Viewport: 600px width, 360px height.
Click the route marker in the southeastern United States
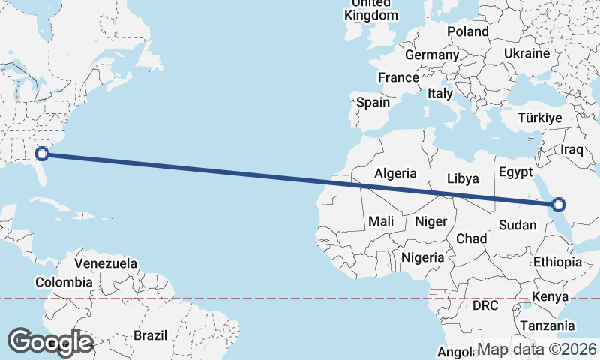click(43, 154)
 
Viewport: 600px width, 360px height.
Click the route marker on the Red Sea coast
click(558, 205)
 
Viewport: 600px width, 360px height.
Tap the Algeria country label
click(395, 173)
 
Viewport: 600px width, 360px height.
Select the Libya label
click(462, 179)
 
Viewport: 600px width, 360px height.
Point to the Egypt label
click(515, 172)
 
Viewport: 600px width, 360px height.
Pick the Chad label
click(472, 238)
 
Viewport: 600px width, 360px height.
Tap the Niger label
click(430, 222)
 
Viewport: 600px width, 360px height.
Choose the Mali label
click(381, 222)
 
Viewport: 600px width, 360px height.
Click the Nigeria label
click(424, 257)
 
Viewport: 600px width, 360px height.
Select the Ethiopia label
click(557, 262)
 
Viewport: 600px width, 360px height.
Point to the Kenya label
click(550, 297)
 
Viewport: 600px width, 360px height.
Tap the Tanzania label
click(547, 325)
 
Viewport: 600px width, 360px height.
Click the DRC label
click(485, 306)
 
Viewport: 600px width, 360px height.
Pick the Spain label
click(373, 102)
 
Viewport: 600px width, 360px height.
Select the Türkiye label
click(540, 118)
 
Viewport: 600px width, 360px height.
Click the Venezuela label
click(106, 264)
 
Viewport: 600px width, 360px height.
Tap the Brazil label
click(150, 335)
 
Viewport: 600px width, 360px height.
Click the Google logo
click(50, 342)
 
